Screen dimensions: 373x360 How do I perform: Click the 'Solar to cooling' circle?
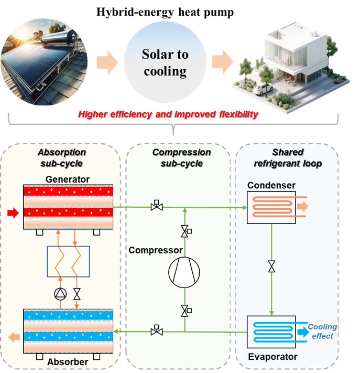pyautogui.click(x=165, y=62)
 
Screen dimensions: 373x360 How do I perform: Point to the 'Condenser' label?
pyautogui.click(x=271, y=185)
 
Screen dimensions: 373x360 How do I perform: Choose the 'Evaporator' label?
pyautogui.click(x=272, y=357)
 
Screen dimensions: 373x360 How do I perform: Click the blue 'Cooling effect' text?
pyautogui.click(x=322, y=332)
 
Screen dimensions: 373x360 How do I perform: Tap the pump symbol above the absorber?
pyautogui.click(x=61, y=293)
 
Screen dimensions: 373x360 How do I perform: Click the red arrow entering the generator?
pyautogui.click(x=12, y=213)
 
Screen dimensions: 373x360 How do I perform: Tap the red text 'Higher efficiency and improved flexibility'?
pyautogui.click(x=168, y=114)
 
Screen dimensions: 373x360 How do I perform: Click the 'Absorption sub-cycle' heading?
pyautogui.click(x=62, y=157)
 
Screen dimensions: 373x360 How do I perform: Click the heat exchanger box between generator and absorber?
pyautogui.click(x=68, y=261)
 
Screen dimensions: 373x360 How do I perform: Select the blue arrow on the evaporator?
pyautogui.click(x=302, y=332)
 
